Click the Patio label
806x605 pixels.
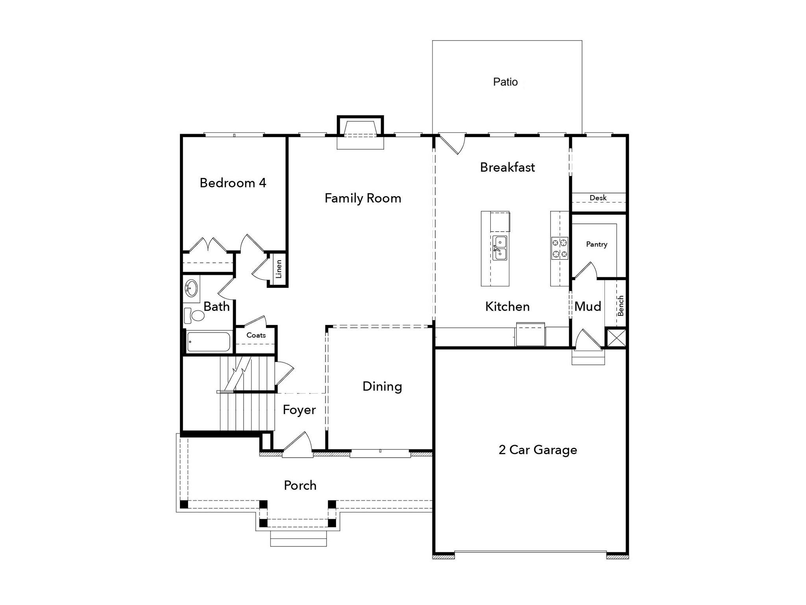coord(505,82)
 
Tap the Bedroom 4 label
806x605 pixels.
coord(233,183)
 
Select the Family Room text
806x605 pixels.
coord(363,198)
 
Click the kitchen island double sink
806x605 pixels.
coord(500,248)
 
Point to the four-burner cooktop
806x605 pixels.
coord(559,248)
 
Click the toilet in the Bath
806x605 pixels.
coord(194,315)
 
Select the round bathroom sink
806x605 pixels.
coord(191,288)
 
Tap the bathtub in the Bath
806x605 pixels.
coord(208,341)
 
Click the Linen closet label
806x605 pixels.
coord(279,269)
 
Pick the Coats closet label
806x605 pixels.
coord(256,335)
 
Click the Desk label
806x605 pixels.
coord(598,198)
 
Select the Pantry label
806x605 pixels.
coord(597,244)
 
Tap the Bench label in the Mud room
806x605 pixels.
coord(621,306)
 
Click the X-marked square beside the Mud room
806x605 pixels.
coord(616,338)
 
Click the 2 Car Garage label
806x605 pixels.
coord(538,450)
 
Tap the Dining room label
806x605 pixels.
coord(382,386)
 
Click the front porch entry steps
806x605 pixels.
coord(298,538)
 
